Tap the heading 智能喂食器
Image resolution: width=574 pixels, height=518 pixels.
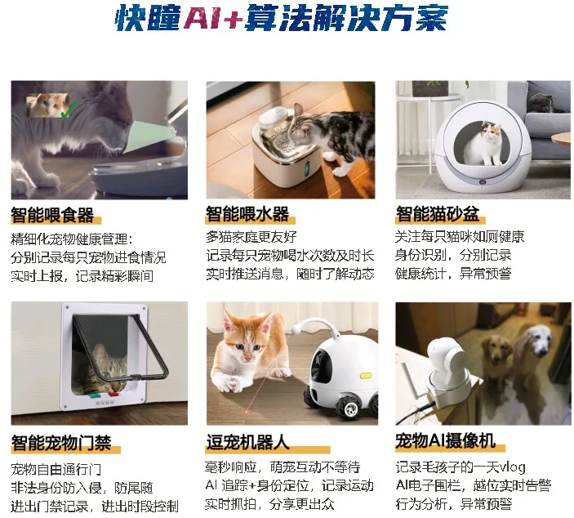point(52,215)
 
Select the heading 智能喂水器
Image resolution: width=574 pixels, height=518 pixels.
point(247,214)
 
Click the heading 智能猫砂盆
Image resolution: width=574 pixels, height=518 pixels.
point(438,214)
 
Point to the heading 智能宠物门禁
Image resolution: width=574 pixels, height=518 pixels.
point(61,443)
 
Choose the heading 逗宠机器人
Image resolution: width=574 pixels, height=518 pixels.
point(248,442)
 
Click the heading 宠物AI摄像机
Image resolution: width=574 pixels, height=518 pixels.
point(446,440)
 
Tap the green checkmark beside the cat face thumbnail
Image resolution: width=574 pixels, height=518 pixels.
point(68,110)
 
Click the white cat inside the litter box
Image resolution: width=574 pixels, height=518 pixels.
point(483,144)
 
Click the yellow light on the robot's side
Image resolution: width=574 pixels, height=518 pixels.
point(365,376)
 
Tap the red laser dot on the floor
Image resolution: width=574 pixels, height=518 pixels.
point(248,412)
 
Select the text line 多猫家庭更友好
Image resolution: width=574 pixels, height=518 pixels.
point(251,237)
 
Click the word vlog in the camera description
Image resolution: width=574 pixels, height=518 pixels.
point(513,467)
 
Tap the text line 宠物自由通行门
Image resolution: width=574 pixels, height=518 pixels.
point(56,469)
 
